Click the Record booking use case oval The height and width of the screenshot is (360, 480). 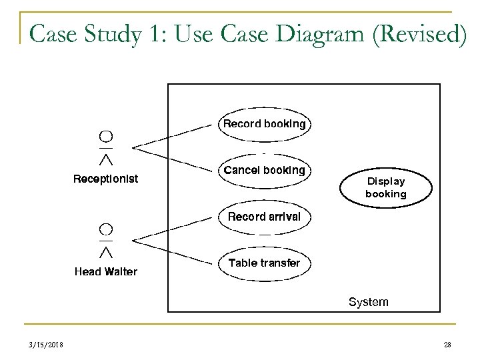coord(264,124)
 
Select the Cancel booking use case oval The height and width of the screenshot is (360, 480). coord(264,171)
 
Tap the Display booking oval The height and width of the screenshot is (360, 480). coord(385,187)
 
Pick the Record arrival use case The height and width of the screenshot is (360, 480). coord(264,217)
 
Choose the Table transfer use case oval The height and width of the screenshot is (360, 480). coord(264,263)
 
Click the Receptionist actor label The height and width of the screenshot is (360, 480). coord(105,179)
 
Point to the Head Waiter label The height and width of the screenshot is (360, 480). coord(105,271)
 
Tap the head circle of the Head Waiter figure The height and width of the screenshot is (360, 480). coord(105,229)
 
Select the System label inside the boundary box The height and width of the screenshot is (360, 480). coord(368,302)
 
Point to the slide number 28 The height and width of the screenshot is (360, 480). coord(447,344)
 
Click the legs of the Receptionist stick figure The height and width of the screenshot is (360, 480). coord(105,159)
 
